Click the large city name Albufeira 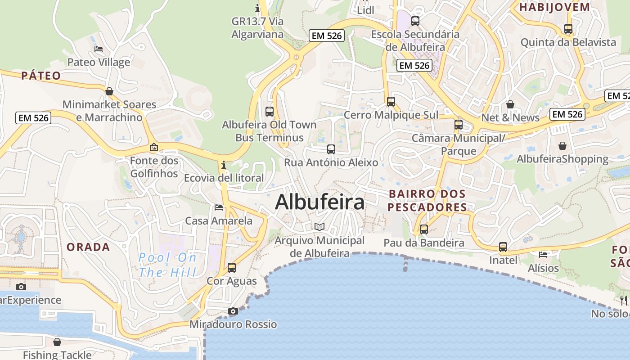(319, 202)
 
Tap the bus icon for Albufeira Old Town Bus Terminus (270, 111)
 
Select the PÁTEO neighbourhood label (41, 75)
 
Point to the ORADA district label (88, 247)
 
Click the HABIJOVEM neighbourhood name (554, 7)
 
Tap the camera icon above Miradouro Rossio (233, 311)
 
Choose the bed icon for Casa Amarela (219, 207)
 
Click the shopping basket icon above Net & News (510, 104)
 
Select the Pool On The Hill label (167, 265)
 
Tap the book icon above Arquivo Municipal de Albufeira (319, 227)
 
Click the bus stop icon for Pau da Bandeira (424, 229)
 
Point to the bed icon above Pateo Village (99, 49)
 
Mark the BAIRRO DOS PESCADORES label (427, 200)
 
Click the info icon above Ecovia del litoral (224, 165)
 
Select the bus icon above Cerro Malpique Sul (391, 101)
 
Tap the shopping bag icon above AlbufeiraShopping (562, 146)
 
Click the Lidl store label (365, 10)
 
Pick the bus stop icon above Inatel (503, 247)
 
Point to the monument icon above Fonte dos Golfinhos (154, 147)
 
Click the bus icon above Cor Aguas (232, 267)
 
